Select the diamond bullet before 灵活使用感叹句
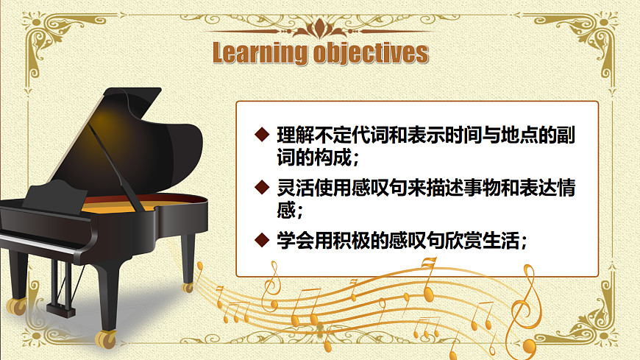click(x=260, y=187)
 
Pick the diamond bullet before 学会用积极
click(x=260, y=239)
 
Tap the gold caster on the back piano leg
click(x=188, y=286)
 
